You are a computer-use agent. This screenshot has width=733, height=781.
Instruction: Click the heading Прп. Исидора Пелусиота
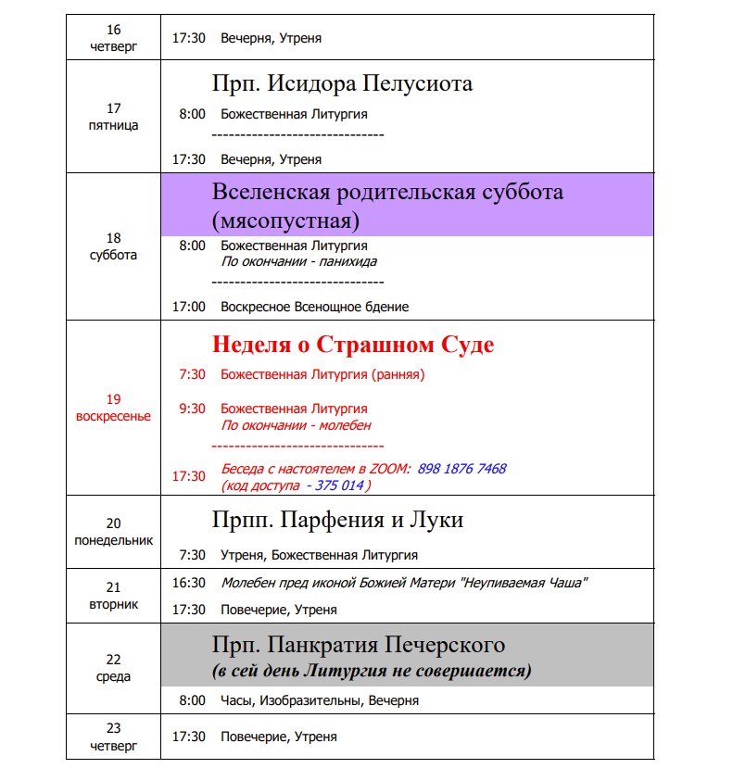[x=342, y=83]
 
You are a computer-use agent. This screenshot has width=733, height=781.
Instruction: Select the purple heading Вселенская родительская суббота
[x=387, y=194]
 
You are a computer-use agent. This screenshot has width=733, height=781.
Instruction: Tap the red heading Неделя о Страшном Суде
[x=353, y=345]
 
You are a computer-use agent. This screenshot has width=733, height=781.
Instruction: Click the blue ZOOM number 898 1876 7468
[x=461, y=469]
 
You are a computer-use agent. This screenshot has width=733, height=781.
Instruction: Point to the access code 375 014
[x=340, y=485]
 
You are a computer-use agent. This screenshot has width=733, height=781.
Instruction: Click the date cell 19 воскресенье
[x=113, y=408]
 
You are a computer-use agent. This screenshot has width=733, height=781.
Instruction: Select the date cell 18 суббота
[x=113, y=246]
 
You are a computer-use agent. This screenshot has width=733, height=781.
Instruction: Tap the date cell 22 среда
[x=113, y=668]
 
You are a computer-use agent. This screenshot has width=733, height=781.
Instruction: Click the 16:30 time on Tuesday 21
[x=189, y=583]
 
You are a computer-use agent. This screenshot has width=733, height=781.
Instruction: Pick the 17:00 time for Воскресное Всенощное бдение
[x=189, y=307]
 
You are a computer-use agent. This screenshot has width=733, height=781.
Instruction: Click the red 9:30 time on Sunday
[x=193, y=409]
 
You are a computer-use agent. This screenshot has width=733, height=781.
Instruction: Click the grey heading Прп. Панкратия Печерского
[x=357, y=644]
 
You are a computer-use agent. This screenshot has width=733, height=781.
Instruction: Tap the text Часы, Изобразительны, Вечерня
[x=320, y=700]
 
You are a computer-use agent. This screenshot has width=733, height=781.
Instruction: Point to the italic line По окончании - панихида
[x=298, y=261]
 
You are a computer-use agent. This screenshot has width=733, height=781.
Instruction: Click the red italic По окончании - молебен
[x=296, y=425]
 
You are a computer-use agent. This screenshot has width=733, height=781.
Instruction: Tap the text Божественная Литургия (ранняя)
[x=322, y=375]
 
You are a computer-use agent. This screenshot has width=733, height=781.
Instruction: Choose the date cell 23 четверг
[x=113, y=737]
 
